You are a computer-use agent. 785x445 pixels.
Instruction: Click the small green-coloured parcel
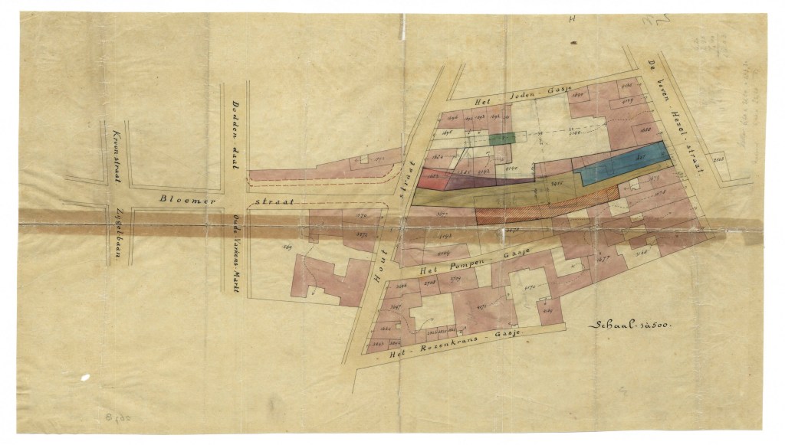[x=502, y=139]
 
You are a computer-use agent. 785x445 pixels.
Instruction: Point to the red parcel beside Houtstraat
[x=434, y=176]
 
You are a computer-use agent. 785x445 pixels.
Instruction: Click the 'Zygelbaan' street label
[x=118, y=232]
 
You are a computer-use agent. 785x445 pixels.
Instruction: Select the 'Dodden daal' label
[x=235, y=128]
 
